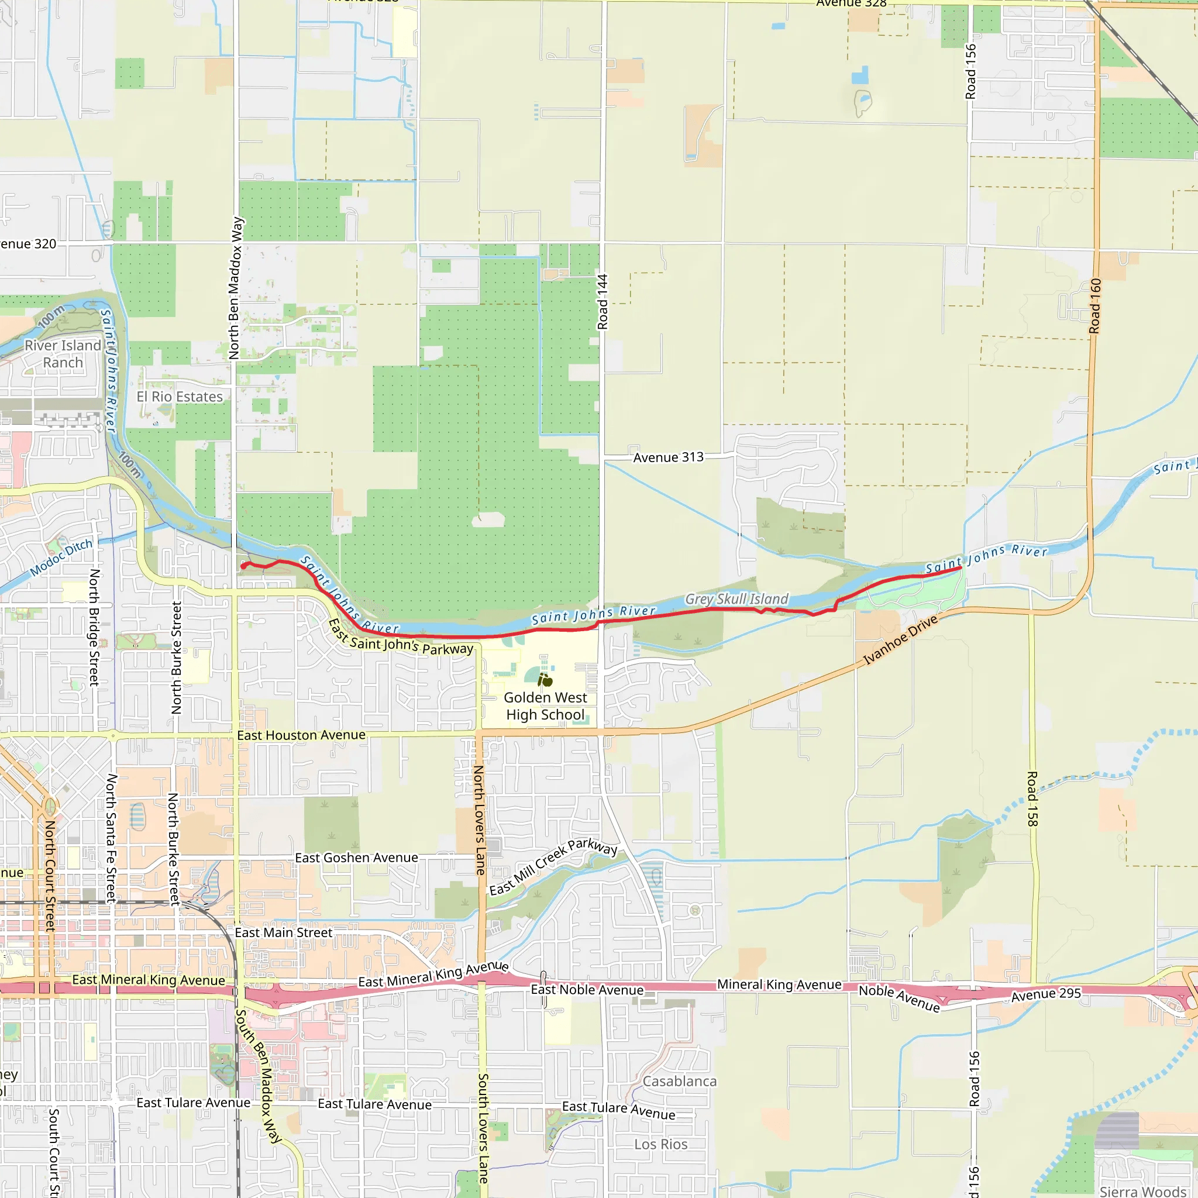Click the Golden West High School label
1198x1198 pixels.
(545, 706)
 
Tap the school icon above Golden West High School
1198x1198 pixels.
(545, 680)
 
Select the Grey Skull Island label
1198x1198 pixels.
(736, 599)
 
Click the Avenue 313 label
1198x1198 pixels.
(668, 457)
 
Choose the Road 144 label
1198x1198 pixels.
(603, 302)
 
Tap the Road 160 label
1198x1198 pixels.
(1096, 306)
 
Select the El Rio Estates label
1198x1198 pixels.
(179, 397)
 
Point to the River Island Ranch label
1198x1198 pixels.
(63, 353)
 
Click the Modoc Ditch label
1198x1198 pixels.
(61, 557)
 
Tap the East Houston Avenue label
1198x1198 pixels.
(301, 735)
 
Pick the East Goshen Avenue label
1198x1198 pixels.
(357, 858)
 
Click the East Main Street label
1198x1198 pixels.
(283, 932)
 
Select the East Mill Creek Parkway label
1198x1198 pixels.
(553, 867)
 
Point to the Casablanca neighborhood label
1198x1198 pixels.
(679, 1082)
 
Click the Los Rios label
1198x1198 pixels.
(660, 1144)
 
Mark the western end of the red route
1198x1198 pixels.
(242, 566)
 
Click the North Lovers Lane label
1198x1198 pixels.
(479, 820)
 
